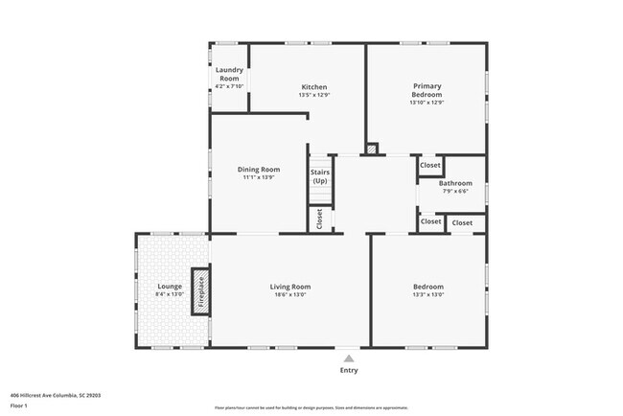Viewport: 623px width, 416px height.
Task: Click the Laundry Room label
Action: point(229,74)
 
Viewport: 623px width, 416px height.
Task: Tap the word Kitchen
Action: point(313,87)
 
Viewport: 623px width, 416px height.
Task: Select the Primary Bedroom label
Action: point(427,90)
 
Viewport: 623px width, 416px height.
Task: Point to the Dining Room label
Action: point(259,170)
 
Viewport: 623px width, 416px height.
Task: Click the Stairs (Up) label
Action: point(319,177)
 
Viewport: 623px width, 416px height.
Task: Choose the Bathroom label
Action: point(455,183)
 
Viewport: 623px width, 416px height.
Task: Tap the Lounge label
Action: point(171,287)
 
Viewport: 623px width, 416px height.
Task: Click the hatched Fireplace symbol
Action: point(200,290)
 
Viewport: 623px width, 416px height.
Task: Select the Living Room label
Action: point(289,287)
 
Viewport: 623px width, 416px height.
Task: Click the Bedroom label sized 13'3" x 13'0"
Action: point(428,287)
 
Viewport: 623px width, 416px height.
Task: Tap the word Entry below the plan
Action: point(348,370)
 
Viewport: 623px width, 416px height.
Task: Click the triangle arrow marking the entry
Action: point(348,358)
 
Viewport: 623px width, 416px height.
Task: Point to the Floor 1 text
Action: point(20,404)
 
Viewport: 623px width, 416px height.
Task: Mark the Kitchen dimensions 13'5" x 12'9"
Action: point(313,95)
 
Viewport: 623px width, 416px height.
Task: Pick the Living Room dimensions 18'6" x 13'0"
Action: point(289,294)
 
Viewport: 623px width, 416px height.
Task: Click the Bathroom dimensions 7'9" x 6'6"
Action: point(455,191)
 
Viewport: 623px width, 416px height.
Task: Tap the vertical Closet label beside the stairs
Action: point(319,220)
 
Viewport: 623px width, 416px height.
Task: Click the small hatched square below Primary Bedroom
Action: point(372,150)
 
